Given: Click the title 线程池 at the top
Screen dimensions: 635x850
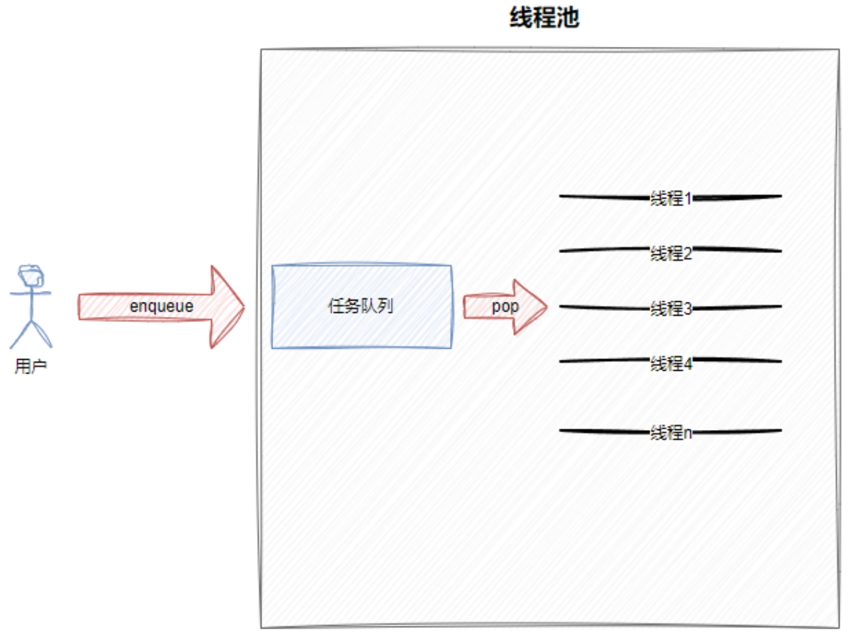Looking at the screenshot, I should pos(544,18).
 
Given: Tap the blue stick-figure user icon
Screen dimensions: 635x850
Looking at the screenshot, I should pos(31,306).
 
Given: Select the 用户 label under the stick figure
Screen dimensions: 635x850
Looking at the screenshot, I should pos(31,366).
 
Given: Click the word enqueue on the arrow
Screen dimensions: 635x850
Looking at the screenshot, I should pos(161,306).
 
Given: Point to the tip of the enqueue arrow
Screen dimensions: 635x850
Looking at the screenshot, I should pos(243,306).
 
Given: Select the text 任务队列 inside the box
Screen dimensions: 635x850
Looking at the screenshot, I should pos(361,306).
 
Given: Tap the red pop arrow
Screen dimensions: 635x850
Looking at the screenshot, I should pos(533,306).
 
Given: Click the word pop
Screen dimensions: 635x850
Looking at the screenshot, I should pos(505,306).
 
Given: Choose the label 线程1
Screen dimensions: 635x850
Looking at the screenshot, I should pos(671,198).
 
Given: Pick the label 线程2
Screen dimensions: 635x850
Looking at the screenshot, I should pos(671,253).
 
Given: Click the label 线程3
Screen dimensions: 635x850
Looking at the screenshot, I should pos(671,308).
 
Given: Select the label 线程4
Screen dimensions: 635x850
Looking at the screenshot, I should pos(671,363).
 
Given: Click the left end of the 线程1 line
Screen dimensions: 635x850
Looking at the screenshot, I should pos(561,195).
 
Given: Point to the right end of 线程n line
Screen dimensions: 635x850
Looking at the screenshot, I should pos(780,430).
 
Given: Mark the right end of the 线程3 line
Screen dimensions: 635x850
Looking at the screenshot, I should pos(780,306).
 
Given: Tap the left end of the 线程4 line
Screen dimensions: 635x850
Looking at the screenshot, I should pos(561,360).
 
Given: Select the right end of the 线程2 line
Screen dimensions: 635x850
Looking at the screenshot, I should pos(780,250).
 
